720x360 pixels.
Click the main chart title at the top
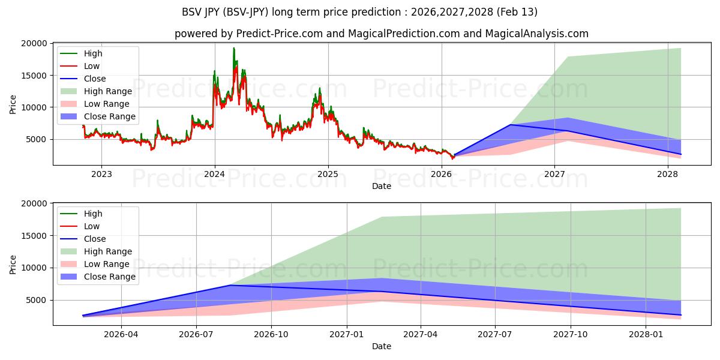click(x=359, y=12)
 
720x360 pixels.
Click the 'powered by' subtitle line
click(x=381, y=34)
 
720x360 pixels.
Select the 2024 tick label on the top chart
click(x=214, y=175)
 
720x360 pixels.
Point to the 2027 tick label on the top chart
click(x=555, y=175)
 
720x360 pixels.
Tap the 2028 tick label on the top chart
click(x=668, y=175)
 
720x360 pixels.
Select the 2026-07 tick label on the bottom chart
click(x=196, y=335)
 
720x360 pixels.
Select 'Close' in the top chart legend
click(x=95, y=79)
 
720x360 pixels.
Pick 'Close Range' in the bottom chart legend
click(x=110, y=277)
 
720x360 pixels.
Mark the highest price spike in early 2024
click(x=234, y=49)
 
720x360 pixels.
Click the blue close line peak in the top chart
click(x=510, y=125)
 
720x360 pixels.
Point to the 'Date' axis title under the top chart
click(x=381, y=186)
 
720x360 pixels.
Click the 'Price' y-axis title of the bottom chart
click(x=13, y=264)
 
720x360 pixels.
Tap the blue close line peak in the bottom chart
click(x=230, y=285)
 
